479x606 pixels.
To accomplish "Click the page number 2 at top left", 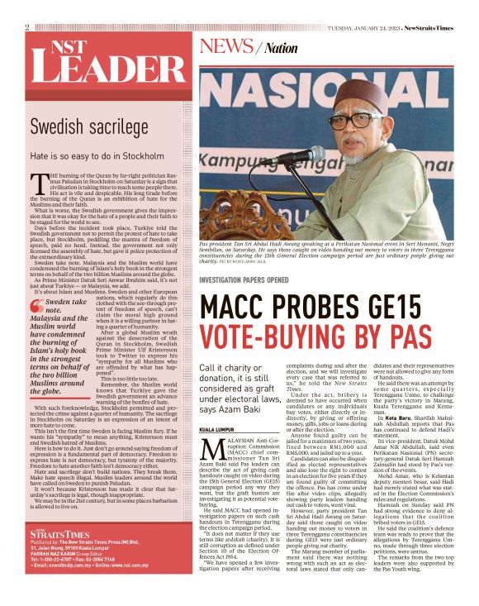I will tap(27, 27).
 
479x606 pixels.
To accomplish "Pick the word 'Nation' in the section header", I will tap(282, 49).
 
